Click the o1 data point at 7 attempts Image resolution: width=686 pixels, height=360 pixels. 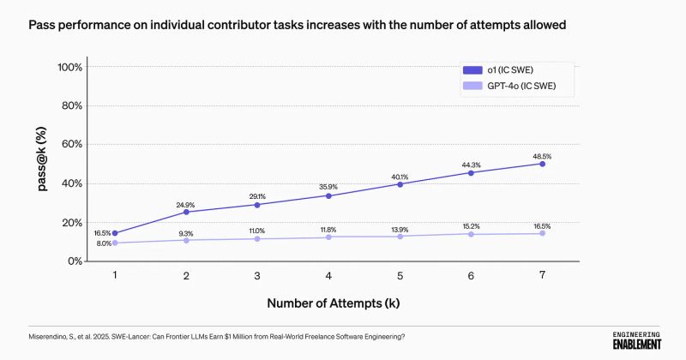[543, 163]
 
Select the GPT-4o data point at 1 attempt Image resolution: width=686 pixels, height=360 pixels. [115, 243]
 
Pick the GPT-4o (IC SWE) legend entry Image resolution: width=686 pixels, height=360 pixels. [515, 87]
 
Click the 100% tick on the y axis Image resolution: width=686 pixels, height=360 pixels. [69, 67]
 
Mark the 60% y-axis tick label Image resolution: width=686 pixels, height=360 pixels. [72, 144]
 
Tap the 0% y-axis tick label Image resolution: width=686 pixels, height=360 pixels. [75, 261]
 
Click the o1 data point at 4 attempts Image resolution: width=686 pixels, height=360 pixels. [329, 195]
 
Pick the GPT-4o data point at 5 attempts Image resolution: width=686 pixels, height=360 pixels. [400, 237]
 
